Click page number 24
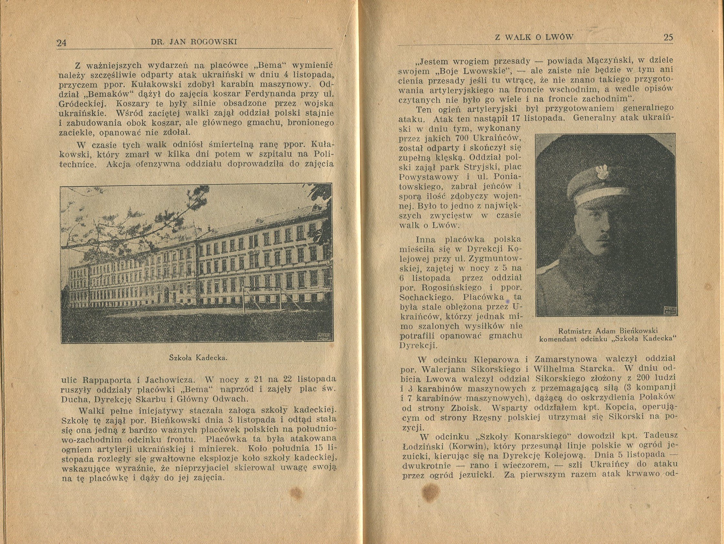point(62,43)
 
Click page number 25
point(668,37)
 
